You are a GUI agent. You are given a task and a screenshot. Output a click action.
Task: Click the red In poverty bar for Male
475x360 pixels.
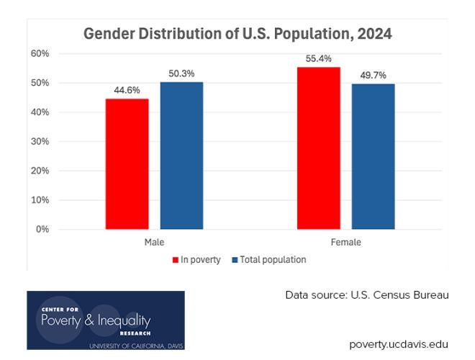[x=127, y=164]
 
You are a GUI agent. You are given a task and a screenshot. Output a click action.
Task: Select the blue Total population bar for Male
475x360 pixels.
[x=181, y=156]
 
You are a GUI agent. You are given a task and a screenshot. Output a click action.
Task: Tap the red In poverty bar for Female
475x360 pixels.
[x=318, y=148]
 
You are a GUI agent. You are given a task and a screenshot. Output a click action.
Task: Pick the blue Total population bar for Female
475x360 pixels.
[x=373, y=157]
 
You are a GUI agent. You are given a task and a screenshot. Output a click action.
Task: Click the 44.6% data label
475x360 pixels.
[x=127, y=91]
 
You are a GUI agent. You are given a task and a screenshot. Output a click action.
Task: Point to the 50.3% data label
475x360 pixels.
[x=181, y=74]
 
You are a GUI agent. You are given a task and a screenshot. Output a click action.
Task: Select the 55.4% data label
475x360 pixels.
[x=318, y=59]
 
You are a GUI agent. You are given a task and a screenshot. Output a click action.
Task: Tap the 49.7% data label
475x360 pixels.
[x=373, y=76]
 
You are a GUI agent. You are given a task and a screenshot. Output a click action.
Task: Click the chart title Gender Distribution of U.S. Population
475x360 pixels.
[x=237, y=34]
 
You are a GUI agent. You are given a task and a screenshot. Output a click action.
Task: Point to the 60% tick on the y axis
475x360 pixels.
[x=40, y=54]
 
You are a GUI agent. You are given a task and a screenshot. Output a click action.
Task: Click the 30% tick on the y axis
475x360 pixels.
[x=40, y=142]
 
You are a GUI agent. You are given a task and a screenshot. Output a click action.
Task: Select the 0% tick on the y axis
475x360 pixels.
[x=42, y=230]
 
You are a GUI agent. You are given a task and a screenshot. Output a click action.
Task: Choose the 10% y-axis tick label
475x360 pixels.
[x=40, y=200]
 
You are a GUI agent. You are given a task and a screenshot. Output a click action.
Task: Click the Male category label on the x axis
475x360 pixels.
[x=154, y=243]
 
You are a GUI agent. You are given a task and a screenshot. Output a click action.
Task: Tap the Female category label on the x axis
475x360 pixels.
[x=345, y=243]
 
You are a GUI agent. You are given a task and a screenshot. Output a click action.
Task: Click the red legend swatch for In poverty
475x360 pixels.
[x=175, y=260]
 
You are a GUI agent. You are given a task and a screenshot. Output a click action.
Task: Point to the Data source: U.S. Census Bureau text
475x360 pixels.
[x=366, y=295]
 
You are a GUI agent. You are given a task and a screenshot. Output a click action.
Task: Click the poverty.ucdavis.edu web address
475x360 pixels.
[x=398, y=343]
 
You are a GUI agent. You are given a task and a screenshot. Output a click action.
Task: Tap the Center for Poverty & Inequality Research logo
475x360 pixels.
[x=105, y=320]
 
